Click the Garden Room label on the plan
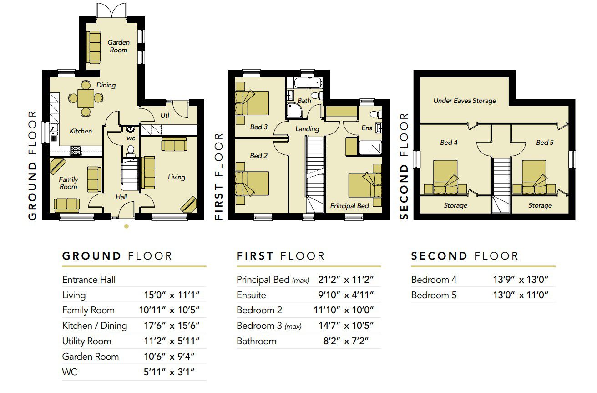click(119, 46)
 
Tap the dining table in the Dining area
click(86, 98)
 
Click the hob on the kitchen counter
click(76, 151)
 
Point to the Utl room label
click(165, 116)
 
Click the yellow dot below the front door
click(126, 226)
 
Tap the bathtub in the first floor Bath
click(308, 83)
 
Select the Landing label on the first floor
click(307, 129)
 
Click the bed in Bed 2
click(252, 184)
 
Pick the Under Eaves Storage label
click(465, 101)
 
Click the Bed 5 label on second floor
click(545, 143)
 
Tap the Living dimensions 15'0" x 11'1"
click(172, 295)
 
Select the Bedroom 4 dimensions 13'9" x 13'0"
click(521, 280)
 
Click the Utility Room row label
click(86, 341)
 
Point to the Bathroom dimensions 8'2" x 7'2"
click(346, 341)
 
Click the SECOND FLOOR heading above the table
click(465, 256)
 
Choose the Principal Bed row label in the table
click(273, 280)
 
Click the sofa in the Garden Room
click(93, 47)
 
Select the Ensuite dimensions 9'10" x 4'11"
click(346, 295)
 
